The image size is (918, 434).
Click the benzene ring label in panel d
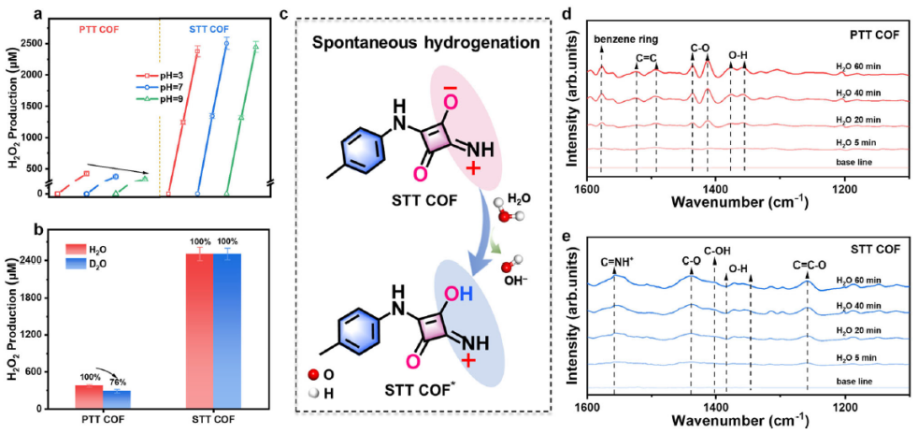[628, 40]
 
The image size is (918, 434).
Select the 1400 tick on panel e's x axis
[715, 408]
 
